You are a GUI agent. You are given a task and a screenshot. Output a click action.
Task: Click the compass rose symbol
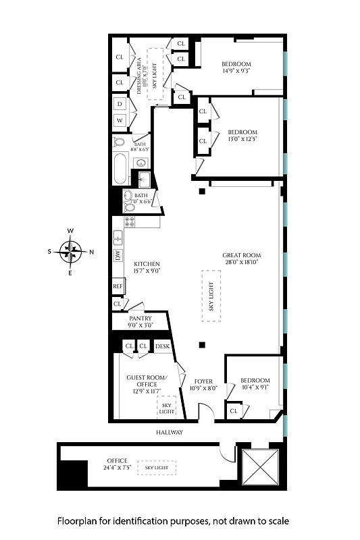[70, 252]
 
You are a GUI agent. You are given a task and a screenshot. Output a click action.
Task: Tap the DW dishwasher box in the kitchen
[118, 255]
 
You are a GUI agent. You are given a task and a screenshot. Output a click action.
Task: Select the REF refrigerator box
[118, 286]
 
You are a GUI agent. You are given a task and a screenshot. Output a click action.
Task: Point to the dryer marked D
[119, 104]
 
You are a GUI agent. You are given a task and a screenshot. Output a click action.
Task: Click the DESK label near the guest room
[162, 346]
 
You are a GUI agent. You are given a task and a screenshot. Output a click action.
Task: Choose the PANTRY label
[140, 318]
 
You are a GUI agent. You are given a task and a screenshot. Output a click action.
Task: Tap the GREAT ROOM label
[241, 255]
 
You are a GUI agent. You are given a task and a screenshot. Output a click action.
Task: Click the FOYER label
[203, 381]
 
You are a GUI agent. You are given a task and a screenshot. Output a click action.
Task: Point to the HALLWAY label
[167, 432]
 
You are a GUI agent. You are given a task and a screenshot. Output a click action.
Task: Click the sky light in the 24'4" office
[157, 467]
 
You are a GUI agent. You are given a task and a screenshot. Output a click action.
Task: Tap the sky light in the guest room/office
[166, 408]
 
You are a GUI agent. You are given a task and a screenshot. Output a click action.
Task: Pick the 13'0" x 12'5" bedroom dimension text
[243, 139]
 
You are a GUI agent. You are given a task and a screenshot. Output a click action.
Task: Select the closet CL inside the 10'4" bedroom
[234, 410]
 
